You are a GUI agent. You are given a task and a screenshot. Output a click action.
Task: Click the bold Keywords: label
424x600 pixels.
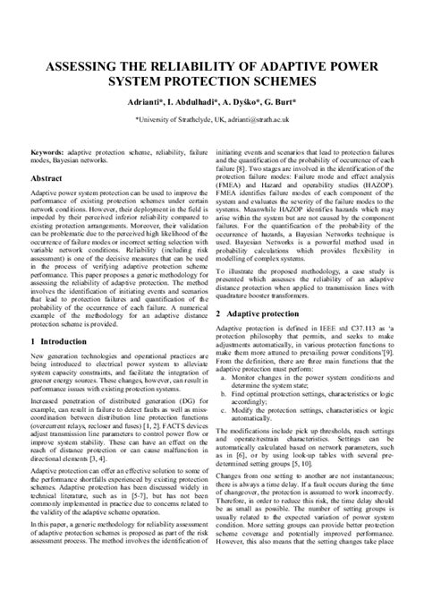[x=48, y=153]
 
